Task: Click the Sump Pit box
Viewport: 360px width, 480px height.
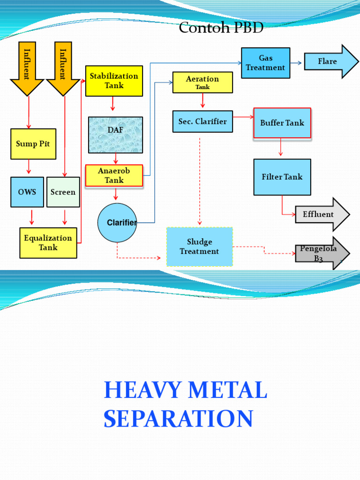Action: point(33,144)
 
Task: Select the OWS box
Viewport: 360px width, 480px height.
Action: point(27,192)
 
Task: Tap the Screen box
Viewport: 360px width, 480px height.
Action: point(63,192)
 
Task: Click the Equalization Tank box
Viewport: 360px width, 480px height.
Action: point(48,243)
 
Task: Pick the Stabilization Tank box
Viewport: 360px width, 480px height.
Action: point(114,81)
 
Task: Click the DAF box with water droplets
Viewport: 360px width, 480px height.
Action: point(115,135)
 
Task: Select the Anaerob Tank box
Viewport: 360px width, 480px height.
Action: point(114,176)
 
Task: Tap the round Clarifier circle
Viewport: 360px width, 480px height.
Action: point(117,223)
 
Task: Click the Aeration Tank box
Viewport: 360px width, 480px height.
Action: point(202,82)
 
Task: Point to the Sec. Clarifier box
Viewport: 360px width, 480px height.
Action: point(202,121)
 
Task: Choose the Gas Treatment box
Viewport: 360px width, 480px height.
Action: point(265,63)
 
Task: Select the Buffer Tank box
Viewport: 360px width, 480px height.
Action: point(282,123)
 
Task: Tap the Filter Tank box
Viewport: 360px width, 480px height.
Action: point(282,177)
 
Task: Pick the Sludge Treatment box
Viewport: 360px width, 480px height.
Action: point(200,247)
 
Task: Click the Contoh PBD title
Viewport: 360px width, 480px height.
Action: point(221,28)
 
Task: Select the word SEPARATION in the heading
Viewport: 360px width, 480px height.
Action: point(178,419)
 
